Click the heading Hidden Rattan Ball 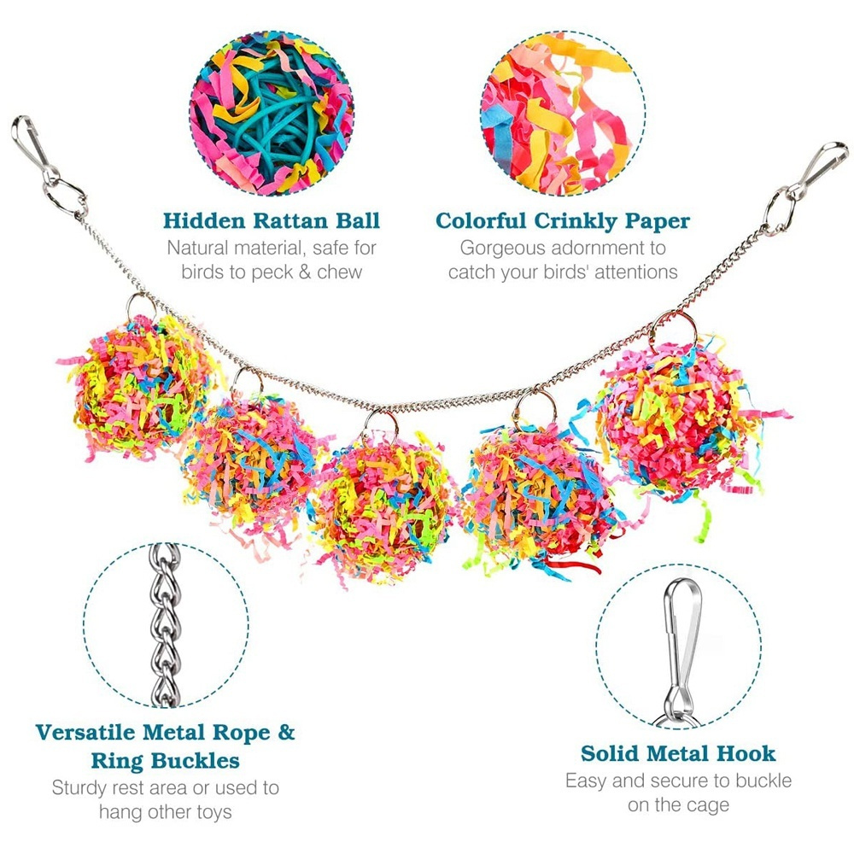(x=272, y=221)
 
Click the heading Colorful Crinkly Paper (x=563, y=221)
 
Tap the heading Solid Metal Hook (x=678, y=753)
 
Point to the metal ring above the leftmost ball (x=142, y=306)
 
